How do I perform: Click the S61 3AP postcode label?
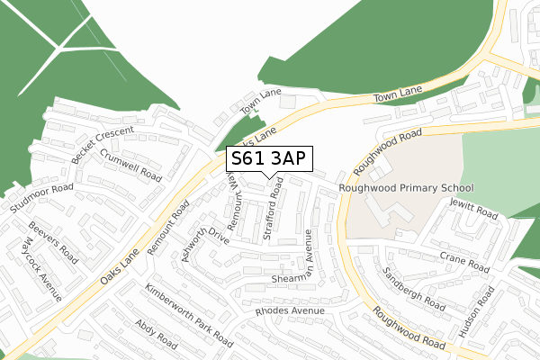click(268, 158)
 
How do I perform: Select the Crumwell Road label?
click(130, 165)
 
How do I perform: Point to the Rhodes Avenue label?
click(289, 311)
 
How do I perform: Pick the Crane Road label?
click(464, 263)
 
